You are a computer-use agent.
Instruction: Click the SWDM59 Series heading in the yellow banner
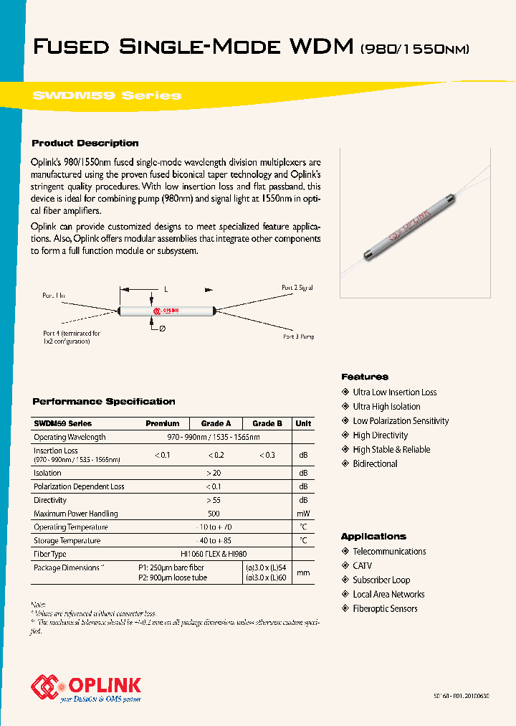click(107, 95)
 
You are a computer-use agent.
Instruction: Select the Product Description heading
click(85, 143)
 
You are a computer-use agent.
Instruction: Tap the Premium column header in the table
click(163, 423)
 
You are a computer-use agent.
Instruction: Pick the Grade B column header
click(267, 423)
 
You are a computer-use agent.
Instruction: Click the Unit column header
click(303, 423)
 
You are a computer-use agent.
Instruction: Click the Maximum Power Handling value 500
click(213, 514)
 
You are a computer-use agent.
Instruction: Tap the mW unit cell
click(303, 514)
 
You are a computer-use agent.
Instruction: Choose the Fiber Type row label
click(50, 555)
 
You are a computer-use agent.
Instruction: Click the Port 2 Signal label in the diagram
click(297, 288)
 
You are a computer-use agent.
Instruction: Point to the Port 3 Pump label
click(298, 336)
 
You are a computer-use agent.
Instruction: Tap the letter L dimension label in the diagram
click(166, 288)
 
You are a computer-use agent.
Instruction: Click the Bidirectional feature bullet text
click(375, 464)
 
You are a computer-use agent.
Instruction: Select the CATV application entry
click(363, 566)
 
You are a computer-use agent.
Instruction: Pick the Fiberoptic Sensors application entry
click(385, 609)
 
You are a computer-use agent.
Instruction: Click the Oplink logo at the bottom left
click(86, 687)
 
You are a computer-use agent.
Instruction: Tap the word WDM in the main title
click(322, 47)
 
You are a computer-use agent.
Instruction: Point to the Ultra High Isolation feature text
click(386, 407)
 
